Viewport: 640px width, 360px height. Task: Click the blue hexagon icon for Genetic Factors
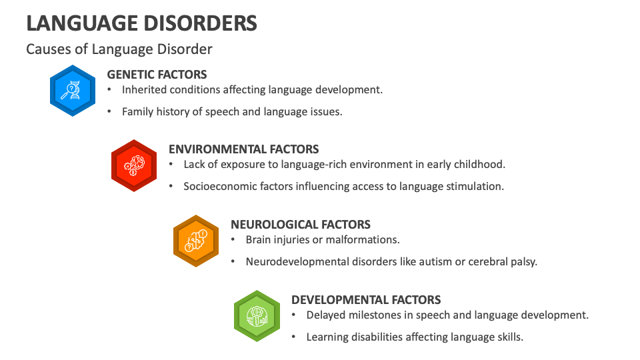click(73, 90)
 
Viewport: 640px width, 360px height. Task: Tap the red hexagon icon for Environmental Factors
click(134, 165)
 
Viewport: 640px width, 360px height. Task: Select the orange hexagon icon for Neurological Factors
click(196, 241)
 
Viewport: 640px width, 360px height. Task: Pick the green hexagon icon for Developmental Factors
click(257, 316)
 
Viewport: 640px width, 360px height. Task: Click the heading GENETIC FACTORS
click(157, 75)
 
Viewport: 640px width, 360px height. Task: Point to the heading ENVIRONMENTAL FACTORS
click(243, 149)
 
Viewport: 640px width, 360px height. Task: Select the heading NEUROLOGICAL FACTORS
click(300, 225)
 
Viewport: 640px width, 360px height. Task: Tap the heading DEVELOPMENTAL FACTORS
click(366, 300)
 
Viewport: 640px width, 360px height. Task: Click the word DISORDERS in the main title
click(200, 23)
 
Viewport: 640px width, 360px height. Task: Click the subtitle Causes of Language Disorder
click(119, 49)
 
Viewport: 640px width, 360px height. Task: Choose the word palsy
click(522, 262)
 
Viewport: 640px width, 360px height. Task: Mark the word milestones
click(374, 315)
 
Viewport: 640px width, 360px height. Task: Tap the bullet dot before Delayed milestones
click(294, 315)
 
